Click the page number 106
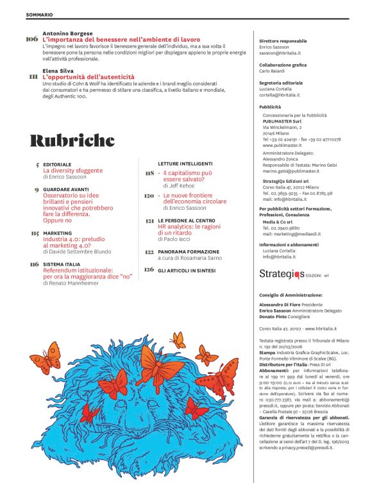(32, 39)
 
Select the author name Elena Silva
(58, 71)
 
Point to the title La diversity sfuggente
(72, 171)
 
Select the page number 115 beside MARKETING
(34, 233)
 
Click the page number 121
(149, 221)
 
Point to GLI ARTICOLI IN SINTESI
(187, 270)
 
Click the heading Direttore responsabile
(283, 41)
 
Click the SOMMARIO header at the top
(40, 13)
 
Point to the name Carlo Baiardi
(276, 72)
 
